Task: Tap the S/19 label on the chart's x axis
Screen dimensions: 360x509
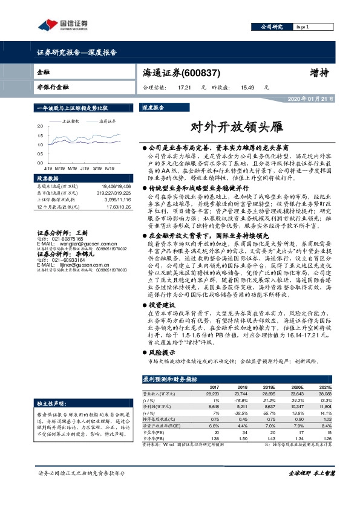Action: tap(97, 167)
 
